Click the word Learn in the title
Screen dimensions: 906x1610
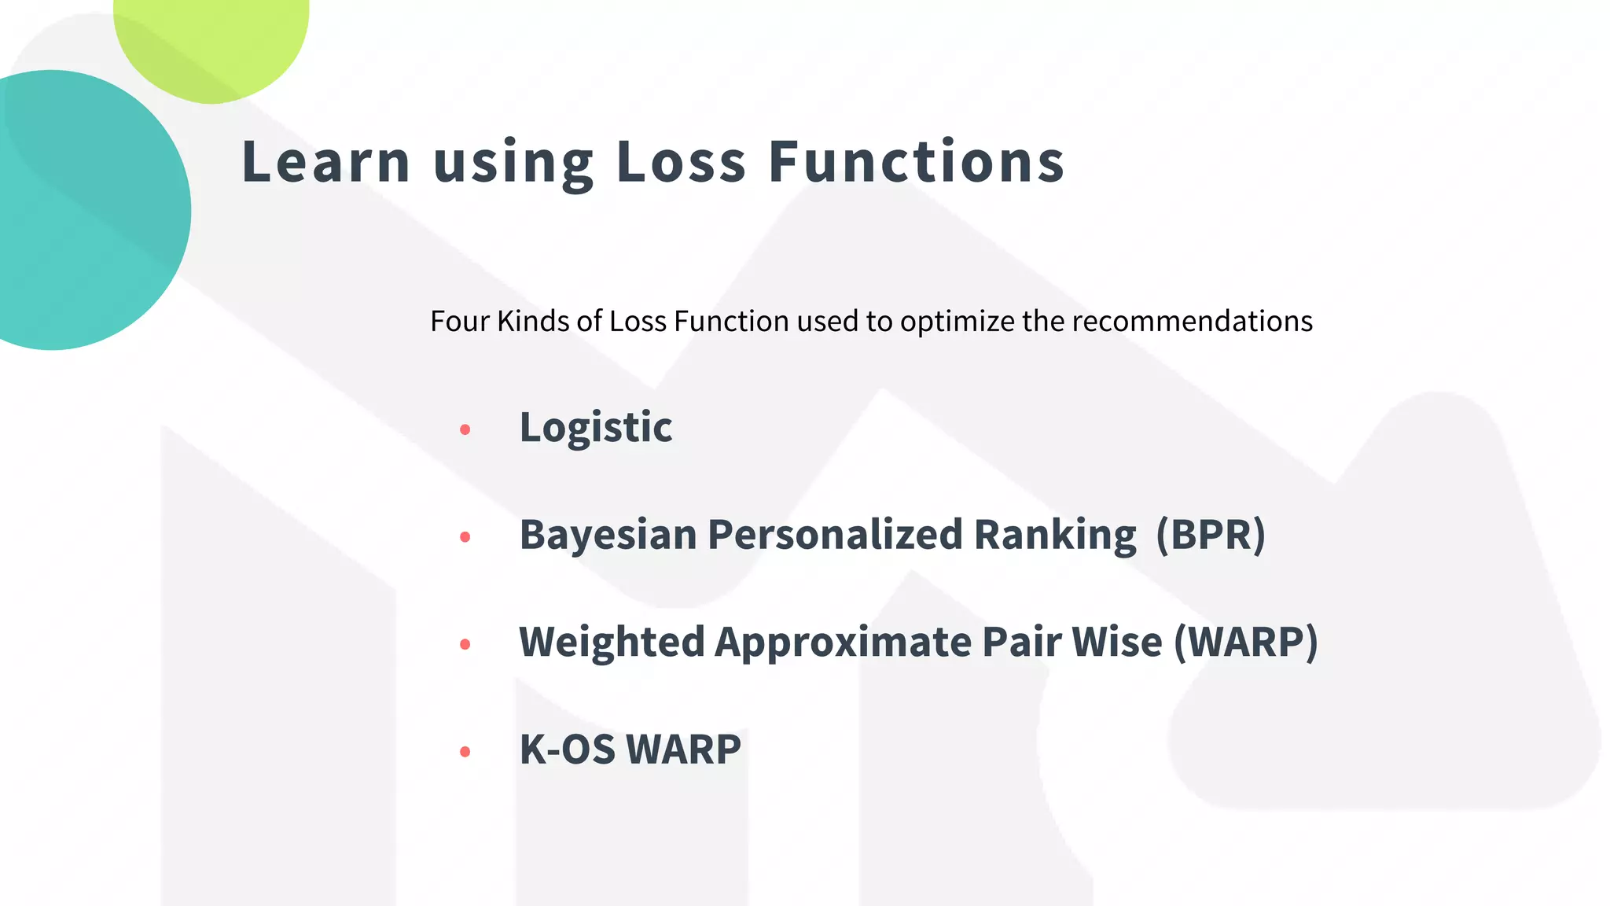[325, 162]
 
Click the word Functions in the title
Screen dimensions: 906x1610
[916, 162]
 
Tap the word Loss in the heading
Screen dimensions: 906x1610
[681, 162]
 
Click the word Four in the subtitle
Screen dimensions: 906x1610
[459, 322]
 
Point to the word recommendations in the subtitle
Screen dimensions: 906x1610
[1192, 322]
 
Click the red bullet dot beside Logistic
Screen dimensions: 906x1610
[465, 429]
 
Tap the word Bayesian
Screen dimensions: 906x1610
[608, 536]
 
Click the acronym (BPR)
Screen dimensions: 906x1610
[1211, 536]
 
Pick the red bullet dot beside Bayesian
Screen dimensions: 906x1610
[465, 537]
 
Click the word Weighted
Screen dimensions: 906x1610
[612, 642]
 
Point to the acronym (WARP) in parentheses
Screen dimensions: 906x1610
[1246, 642]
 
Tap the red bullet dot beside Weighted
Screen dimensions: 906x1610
[465, 644]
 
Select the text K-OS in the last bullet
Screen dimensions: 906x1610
[568, 749]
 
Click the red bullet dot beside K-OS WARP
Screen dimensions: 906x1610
[465, 752]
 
